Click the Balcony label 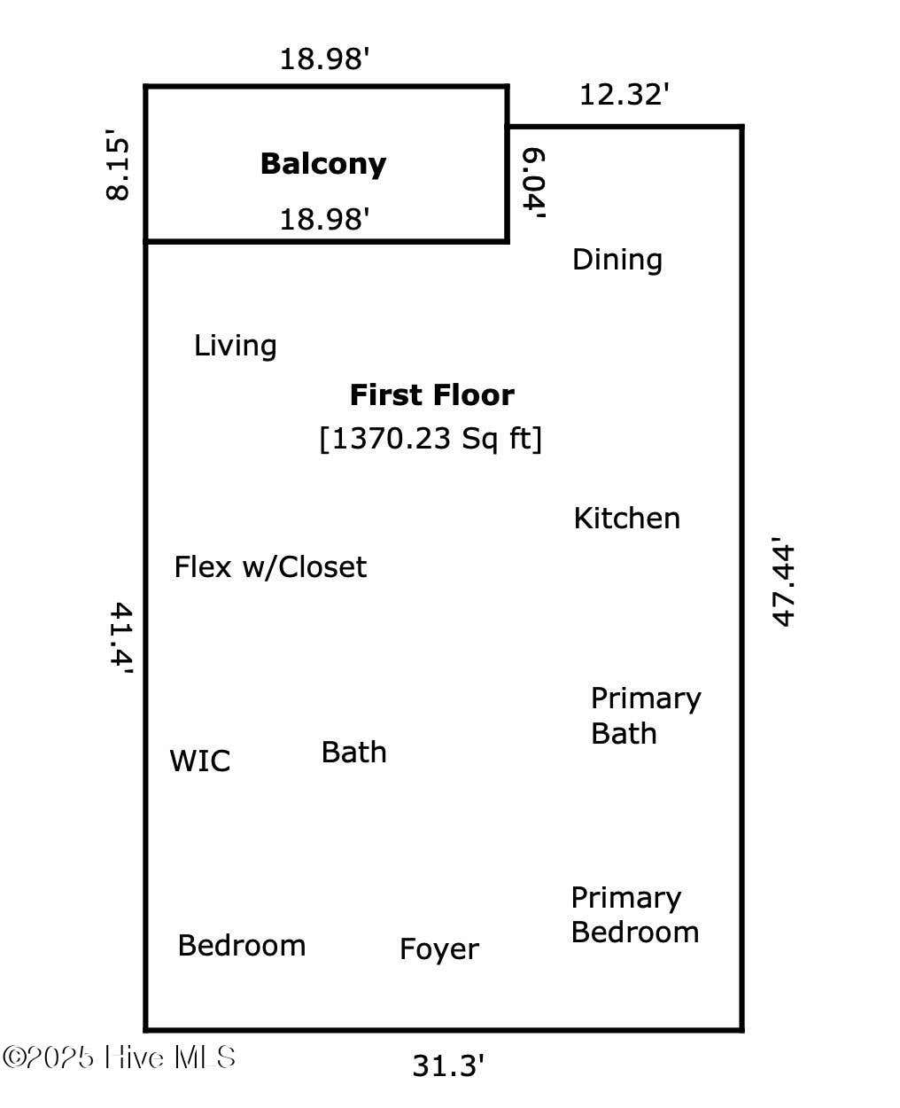(x=322, y=165)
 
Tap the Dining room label (x=617, y=260)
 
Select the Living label (x=235, y=347)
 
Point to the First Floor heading (x=432, y=394)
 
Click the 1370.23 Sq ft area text (x=431, y=438)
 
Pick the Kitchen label (x=627, y=519)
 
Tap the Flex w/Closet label (x=270, y=566)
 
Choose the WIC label (x=200, y=761)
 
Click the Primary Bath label (x=646, y=716)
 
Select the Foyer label (x=439, y=949)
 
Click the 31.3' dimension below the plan (x=447, y=1065)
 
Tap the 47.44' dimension (x=783, y=581)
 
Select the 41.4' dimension (x=121, y=637)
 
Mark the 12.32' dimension (x=624, y=95)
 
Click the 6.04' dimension (x=534, y=183)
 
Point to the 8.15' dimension (x=117, y=165)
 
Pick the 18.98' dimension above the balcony (x=324, y=59)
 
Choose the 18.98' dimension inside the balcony (x=324, y=219)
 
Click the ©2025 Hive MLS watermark (x=119, y=1057)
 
